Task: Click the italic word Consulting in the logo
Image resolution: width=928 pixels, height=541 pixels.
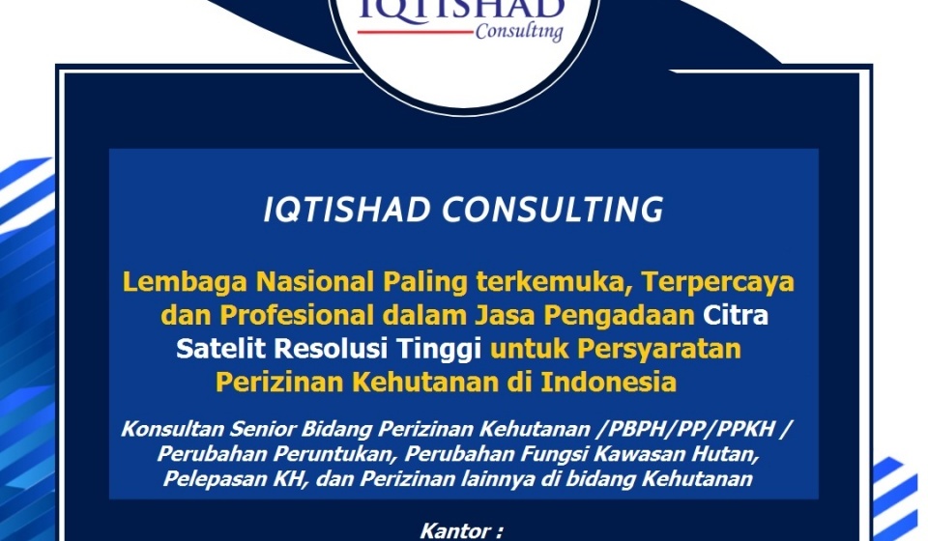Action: [x=518, y=31]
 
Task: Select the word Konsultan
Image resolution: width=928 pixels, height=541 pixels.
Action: [x=173, y=429]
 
